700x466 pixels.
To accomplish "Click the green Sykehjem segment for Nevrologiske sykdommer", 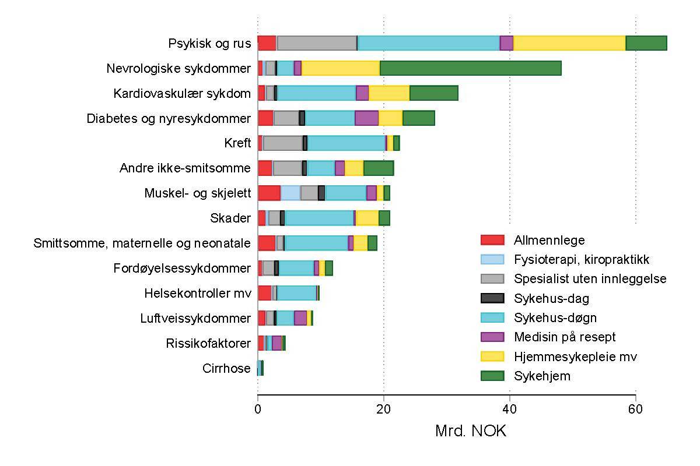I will pos(470,68).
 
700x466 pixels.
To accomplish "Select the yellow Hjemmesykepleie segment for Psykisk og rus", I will pos(569,43).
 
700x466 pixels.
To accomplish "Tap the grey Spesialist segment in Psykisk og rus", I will pos(317,43).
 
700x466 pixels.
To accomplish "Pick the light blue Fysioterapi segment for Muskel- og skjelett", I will pos(290,193).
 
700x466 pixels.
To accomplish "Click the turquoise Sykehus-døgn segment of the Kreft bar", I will pos(346,143).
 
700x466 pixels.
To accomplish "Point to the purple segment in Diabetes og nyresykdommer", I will pos(366,118).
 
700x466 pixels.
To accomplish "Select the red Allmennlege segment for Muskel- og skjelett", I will pos(269,193).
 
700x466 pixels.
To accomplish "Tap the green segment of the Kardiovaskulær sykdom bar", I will pos(433,93).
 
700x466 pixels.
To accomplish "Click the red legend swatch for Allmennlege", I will pos(492,240).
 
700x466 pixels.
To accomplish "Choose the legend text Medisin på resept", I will pos(565,337).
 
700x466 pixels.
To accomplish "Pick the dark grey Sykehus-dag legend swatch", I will pos(492,299).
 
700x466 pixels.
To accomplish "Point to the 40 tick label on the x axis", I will pos(509,409).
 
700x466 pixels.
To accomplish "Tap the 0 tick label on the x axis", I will pos(258,409).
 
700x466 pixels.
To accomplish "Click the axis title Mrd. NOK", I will pos(471,432).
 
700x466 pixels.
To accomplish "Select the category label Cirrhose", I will pos(226,368).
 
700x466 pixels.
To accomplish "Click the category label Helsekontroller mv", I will pos(198,293).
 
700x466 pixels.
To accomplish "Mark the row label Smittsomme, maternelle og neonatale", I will pos(142,243).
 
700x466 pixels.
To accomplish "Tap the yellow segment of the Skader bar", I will pos(367,218).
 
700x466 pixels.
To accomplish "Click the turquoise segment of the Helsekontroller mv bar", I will pos(296,293).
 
